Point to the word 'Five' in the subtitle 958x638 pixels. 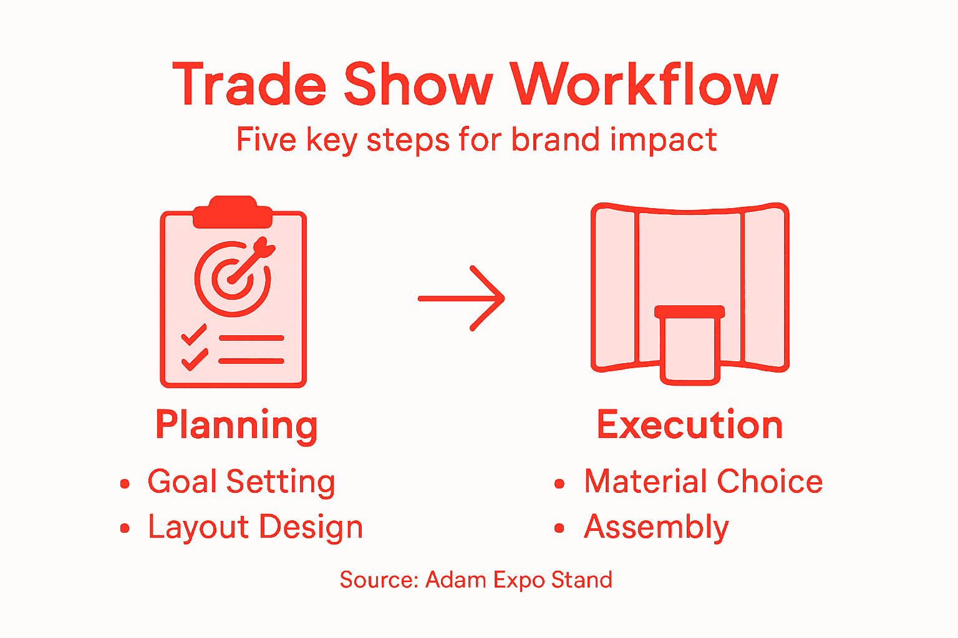point(266,139)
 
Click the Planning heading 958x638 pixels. point(236,425)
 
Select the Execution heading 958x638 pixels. point(689,425)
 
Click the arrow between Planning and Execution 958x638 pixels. point(462,298)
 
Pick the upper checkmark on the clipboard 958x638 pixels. point(194,336)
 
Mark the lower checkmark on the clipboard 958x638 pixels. point(194,359)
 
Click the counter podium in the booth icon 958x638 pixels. point(689,346)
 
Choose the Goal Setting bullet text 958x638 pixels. point(241,482)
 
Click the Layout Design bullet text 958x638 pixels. point(255,527)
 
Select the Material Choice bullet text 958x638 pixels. point(703,482)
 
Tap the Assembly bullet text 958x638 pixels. point(656,527)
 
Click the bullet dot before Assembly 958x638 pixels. point(559,528)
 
